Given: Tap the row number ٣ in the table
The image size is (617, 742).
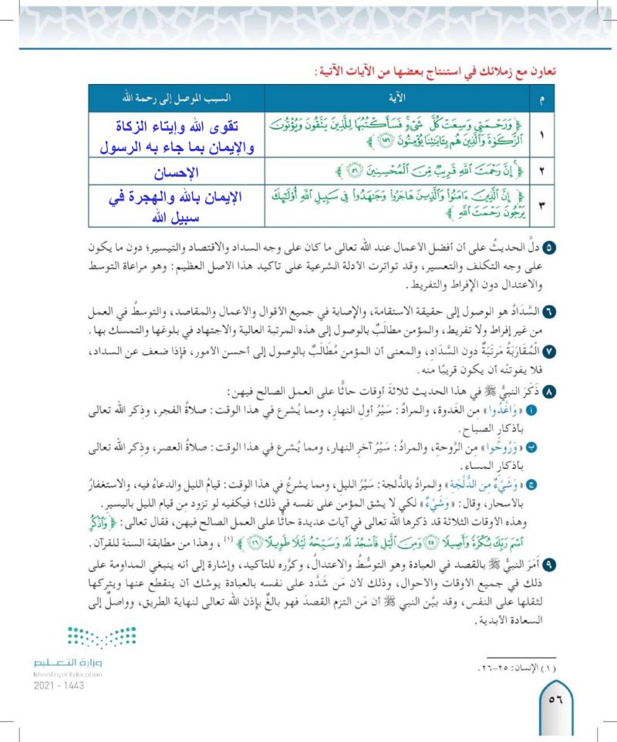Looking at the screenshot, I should (x=540, y=205).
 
